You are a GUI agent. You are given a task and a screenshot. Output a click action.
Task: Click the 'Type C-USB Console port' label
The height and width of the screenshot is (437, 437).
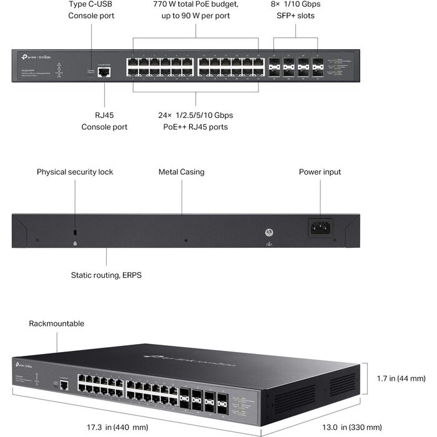(91, 9)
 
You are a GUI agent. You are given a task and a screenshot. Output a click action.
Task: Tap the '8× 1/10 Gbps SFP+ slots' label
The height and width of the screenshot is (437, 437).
(295, 9)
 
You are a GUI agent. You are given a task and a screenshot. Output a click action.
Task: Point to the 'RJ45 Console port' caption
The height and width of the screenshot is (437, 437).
(104, 121)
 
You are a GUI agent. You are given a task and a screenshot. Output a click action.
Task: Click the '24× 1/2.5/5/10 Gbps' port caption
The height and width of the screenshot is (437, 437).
(195, 115)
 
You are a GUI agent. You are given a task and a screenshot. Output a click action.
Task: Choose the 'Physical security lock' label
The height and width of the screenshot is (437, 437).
(75, 172)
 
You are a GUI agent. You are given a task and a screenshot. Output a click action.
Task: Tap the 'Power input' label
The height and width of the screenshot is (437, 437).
(320, 172)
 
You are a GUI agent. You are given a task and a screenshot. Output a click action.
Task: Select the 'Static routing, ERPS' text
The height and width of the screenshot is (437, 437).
(106, 274)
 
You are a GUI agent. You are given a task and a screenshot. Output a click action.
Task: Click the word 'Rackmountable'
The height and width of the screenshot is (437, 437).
(56, 323)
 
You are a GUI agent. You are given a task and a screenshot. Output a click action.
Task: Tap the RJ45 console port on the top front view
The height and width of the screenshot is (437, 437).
(105, 72)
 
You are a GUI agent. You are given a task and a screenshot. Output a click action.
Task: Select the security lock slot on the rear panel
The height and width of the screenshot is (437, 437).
(75, 232)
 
